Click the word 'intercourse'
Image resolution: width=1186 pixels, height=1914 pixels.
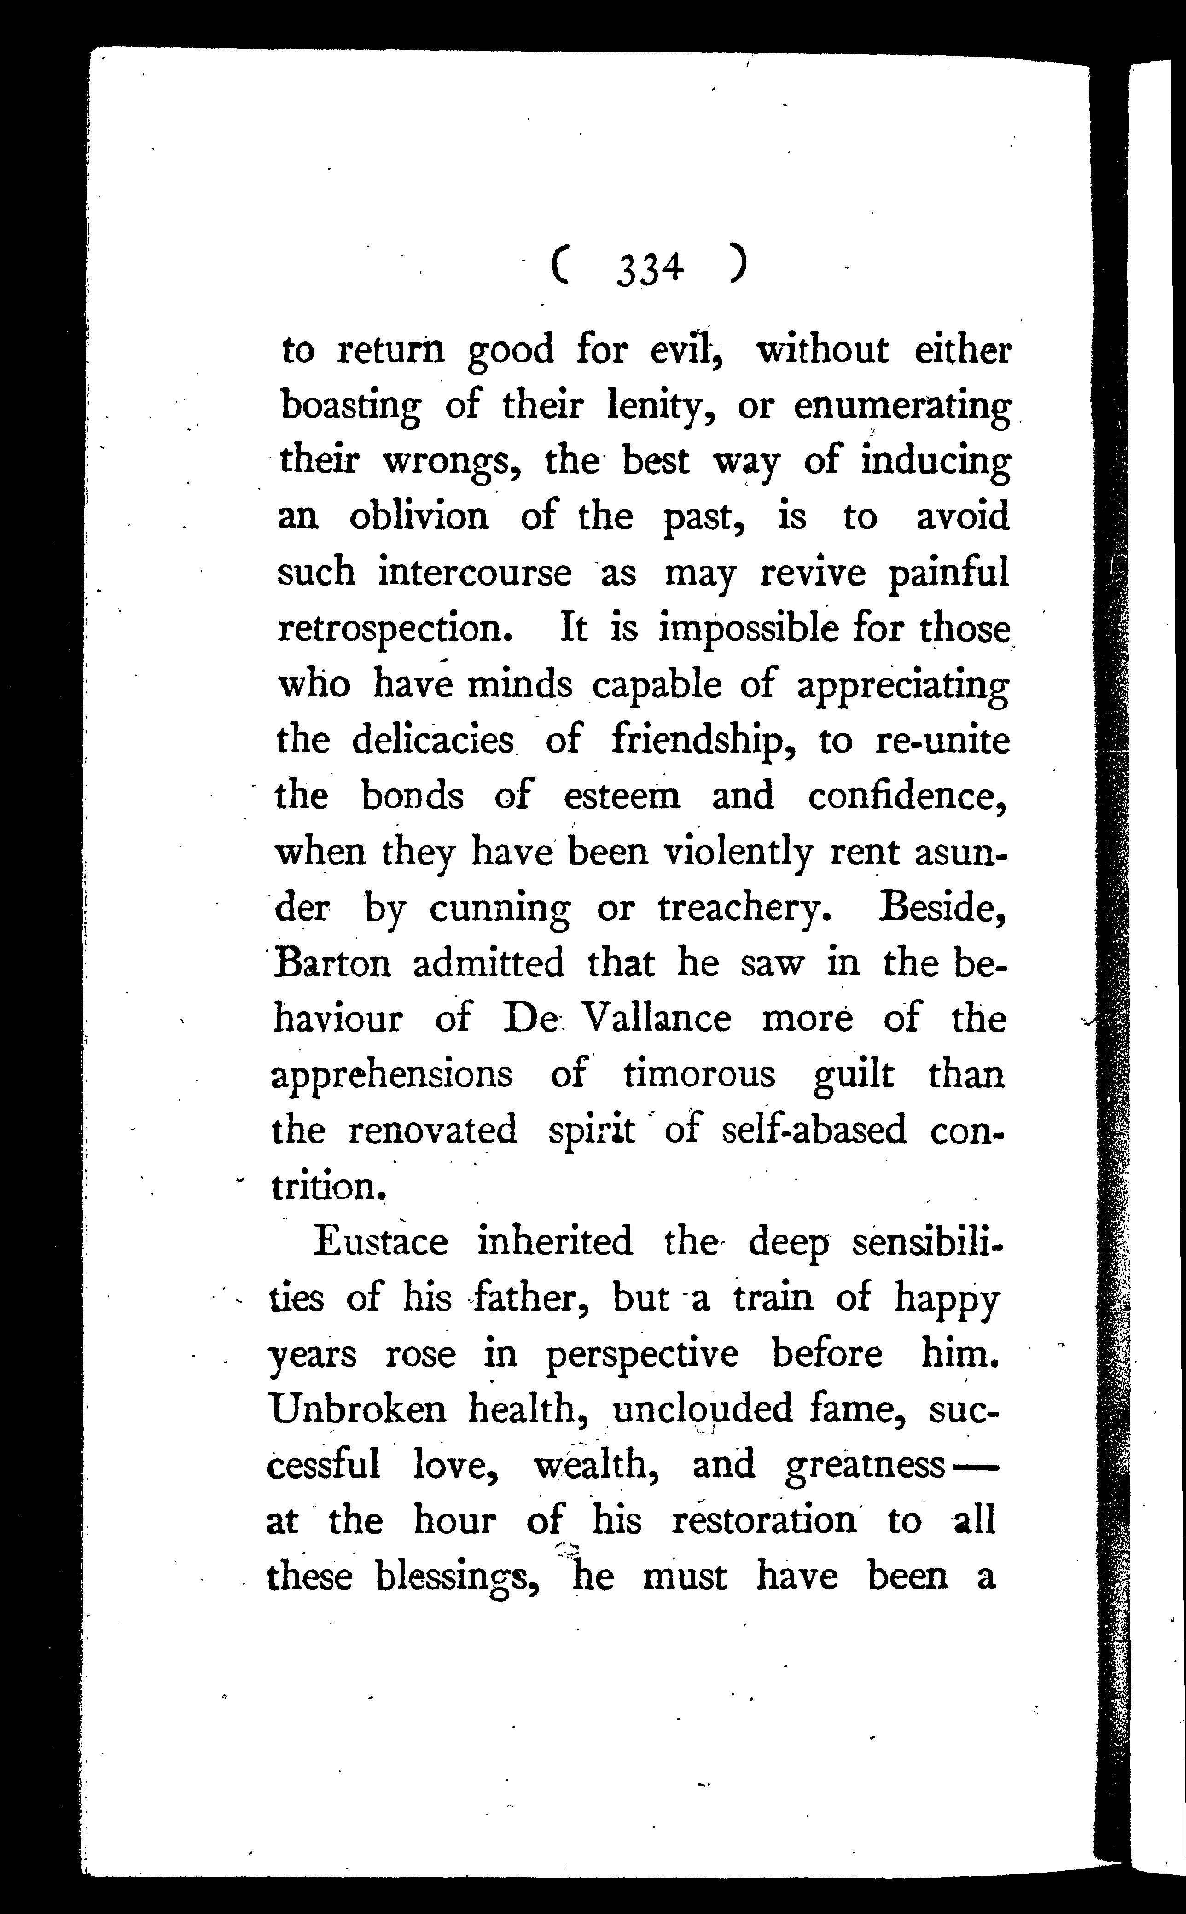(x=475, y=572)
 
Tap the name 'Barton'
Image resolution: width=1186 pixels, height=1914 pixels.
(x=332, y=963)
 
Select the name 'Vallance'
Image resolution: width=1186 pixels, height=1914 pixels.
(x=658, y=1019)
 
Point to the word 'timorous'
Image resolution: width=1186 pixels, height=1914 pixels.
(x=699, y=1074)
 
